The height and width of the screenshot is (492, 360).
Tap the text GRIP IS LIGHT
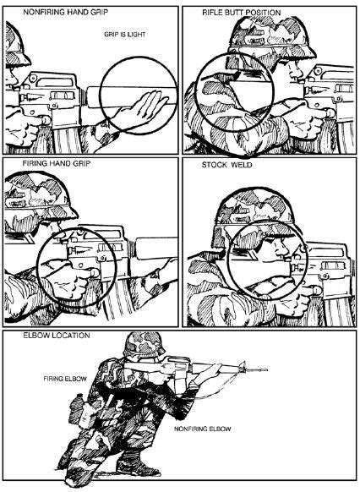(121, 36)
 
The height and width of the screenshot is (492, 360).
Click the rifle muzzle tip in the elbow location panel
(266, 369)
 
